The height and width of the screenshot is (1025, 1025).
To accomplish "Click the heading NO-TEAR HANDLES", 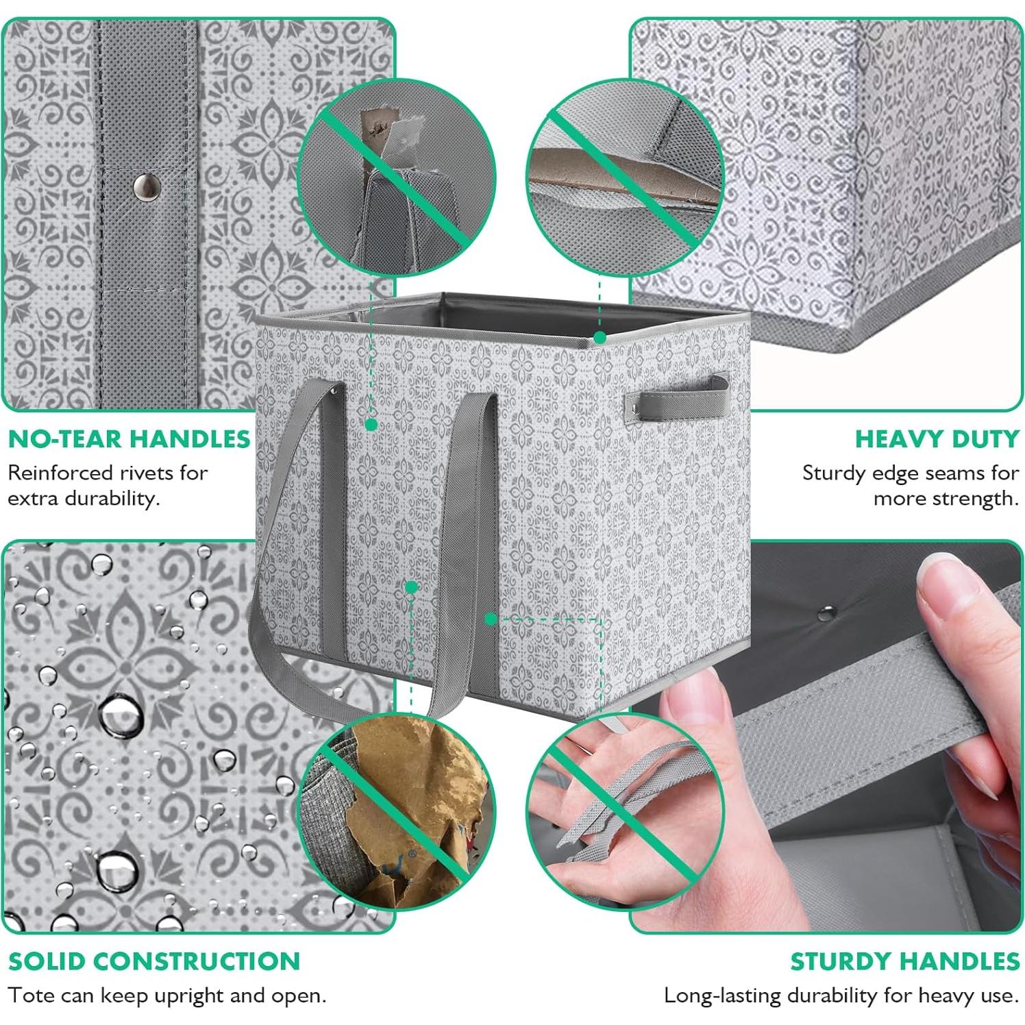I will pos(129,439).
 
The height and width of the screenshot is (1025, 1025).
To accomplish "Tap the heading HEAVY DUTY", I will pos(937,439).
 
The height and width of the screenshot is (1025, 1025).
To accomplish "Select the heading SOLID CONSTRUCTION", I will pos(154,961).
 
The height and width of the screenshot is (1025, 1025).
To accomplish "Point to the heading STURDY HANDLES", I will pos(904,961).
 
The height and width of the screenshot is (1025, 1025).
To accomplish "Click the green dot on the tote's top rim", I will pos(600,337).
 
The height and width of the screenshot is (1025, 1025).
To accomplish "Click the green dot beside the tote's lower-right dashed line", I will pos(491,619).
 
